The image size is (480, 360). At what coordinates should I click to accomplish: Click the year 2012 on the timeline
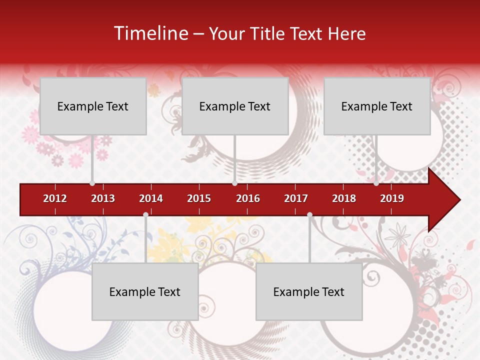coord(55,198)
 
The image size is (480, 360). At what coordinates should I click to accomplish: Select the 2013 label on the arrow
coord(103,198)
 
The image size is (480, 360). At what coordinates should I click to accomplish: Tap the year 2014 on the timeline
coord(151,198)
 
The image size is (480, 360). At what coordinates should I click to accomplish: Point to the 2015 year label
coord(199,198)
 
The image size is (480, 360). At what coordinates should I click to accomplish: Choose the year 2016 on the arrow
coord(248,198)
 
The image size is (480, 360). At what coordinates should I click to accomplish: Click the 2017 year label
coord(296,198)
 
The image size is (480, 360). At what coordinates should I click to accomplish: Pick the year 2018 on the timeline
coord(344,198)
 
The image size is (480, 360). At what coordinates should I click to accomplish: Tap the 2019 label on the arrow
coord(392,198)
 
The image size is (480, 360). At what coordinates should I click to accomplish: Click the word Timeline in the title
coord(150,33)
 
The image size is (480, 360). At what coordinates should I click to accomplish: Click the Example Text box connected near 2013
coord(93,106)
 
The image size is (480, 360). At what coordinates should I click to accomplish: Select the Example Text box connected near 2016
coord(235,106)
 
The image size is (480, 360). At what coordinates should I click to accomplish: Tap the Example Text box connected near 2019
coord(377,106)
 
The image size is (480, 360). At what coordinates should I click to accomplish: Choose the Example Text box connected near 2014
coord(145,291)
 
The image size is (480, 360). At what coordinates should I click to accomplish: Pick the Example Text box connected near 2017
coord(309,291)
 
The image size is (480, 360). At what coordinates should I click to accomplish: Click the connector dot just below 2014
coord(145,214)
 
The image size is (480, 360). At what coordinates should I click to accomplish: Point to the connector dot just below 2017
coord(309,214)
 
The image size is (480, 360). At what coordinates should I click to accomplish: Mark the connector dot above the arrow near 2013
coord(92,183)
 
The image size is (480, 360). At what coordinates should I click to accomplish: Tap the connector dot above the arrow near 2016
coord(234,183)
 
